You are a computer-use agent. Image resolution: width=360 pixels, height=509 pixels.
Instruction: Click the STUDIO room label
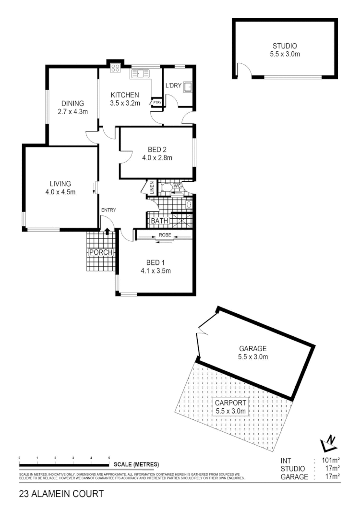coord(285,46)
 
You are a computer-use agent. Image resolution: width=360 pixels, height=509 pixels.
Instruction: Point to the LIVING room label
coord(60,183)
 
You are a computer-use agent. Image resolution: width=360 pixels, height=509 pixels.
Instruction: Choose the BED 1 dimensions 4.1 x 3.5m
coord(156,271)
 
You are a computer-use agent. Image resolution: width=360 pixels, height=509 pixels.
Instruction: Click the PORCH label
coord(101,252)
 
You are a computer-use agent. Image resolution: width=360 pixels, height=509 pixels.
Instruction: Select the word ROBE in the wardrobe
coord(164,235)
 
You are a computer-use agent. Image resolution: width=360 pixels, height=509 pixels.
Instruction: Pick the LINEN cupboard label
coord(151,187)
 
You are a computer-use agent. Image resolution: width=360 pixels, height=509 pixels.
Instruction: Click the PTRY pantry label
coord(156,102)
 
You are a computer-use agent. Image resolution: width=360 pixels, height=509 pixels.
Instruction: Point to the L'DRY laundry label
coord(173,86)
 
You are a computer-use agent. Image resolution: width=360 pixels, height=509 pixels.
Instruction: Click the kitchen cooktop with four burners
coord(115,68)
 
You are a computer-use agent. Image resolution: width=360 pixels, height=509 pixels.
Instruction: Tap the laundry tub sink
coord(188,87)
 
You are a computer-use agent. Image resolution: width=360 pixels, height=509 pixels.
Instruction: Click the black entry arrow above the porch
coord(107,231)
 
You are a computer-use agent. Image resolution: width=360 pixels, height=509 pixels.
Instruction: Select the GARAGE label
coord(252,349)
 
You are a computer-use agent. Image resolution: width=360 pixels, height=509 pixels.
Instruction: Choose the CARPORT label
coord(230,403)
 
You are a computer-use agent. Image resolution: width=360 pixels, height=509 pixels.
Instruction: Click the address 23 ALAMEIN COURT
coord(61,493)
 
